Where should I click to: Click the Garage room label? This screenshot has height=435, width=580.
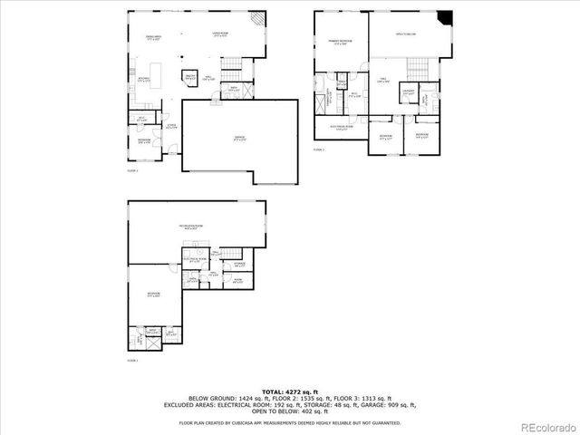[x=239, y=138]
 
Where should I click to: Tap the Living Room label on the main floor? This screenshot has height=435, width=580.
[x=219, y=34]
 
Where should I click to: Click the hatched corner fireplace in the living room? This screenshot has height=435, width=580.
[x=258, y=18]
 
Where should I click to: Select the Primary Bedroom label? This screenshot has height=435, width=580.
[x=341, y=43]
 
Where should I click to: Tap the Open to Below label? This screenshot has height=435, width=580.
[x=404, y=34]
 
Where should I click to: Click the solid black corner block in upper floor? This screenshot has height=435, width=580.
[x=443, y=17]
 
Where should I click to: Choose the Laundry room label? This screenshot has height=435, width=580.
[x=408, y=92]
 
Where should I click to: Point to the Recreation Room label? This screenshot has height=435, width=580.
[x=192, y=227]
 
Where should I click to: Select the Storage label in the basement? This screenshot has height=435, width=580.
[x=239, y=265]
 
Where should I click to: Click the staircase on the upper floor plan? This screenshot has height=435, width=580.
[x=417, y=68]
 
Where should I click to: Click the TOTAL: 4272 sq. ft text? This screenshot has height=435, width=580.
[x=290, y=391]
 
